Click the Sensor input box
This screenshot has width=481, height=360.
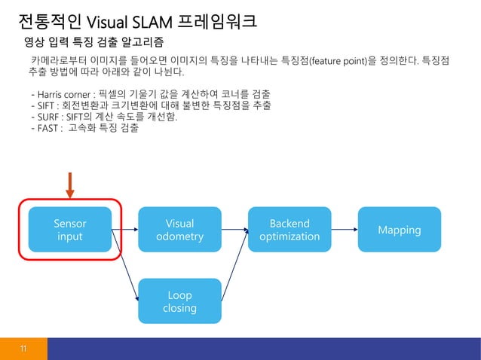click(69, 230)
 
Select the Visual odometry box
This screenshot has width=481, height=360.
click(179, 230)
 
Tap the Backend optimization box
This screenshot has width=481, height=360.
click(290, 230)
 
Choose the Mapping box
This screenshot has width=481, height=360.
click(399, 230)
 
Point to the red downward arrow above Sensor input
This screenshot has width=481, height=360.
click(69, 185)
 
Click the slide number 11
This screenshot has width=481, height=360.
click(23, 348)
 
